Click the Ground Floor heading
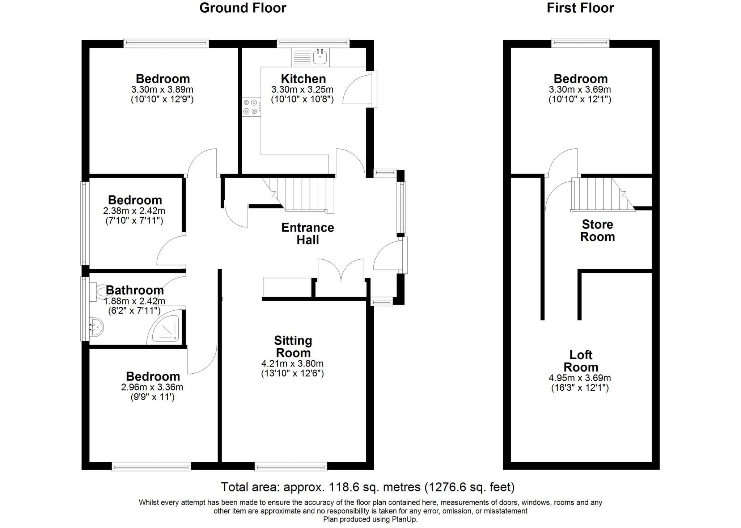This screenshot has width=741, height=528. (x=242, y=8)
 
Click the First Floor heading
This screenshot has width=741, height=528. (x=580, y=8)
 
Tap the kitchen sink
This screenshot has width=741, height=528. (x=320, y=57)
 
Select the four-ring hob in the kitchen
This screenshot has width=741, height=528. (x=251, y=107)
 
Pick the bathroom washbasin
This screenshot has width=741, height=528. (x=96, y=328)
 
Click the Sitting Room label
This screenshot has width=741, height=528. (x=293, y=347)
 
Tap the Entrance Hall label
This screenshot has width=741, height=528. (x=308, y=234)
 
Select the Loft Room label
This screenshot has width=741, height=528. (x=580, y=361)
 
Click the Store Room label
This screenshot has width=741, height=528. (x=597, y=230)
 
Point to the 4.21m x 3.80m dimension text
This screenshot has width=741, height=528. (x=292, y=364)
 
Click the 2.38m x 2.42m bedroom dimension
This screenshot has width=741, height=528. (x=134, y=210)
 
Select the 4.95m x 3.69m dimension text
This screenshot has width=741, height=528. (x=580, y=378)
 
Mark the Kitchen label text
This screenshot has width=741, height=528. (x=303, y=79)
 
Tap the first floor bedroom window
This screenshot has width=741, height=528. (x=580, y=43)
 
